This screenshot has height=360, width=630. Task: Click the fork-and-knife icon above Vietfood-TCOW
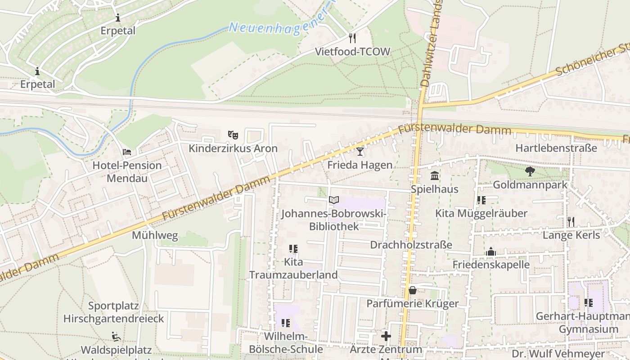pyautogui.click(x=352, y=38)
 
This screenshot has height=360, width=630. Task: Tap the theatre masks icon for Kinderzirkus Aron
pyautogui.click(x=233, y=135)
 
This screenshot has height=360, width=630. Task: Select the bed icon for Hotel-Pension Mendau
pyautogui.click(x=127, y=152)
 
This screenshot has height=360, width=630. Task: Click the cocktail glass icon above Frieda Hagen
pyautogui.click(x=360, y=151)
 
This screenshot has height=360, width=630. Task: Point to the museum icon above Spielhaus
pyautogui.click(x=435, y=175)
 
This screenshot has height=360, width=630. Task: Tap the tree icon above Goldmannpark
pyautogui.click(x=530, y=171)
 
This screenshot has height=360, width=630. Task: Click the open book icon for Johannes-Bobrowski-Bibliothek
pyautogui.click(x=333, y=200)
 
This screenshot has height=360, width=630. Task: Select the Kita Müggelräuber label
pyautogui.click(x=481, y=213)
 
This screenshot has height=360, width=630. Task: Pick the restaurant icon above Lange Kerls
pyautogui.click(x=571, y=221)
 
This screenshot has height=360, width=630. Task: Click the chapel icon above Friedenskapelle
pyautogui.click(x=490, y=252)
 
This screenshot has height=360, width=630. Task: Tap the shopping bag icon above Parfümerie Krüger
pyautogui.click(x=412, y=290)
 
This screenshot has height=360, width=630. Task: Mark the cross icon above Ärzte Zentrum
pyautogui.click(x=386, y=336)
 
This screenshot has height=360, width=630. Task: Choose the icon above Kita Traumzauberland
pyautogui.click(x=293, y=248)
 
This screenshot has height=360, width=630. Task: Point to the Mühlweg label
pyautogui.click(x=155, y=235)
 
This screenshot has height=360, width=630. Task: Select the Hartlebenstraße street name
pyautogui.click(x=556, y=148)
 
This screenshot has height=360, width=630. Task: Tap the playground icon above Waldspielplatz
pyautogui.click(x=116, y=337)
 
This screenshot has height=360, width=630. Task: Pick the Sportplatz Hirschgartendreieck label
pyautogui.click(x=113, y=312)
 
